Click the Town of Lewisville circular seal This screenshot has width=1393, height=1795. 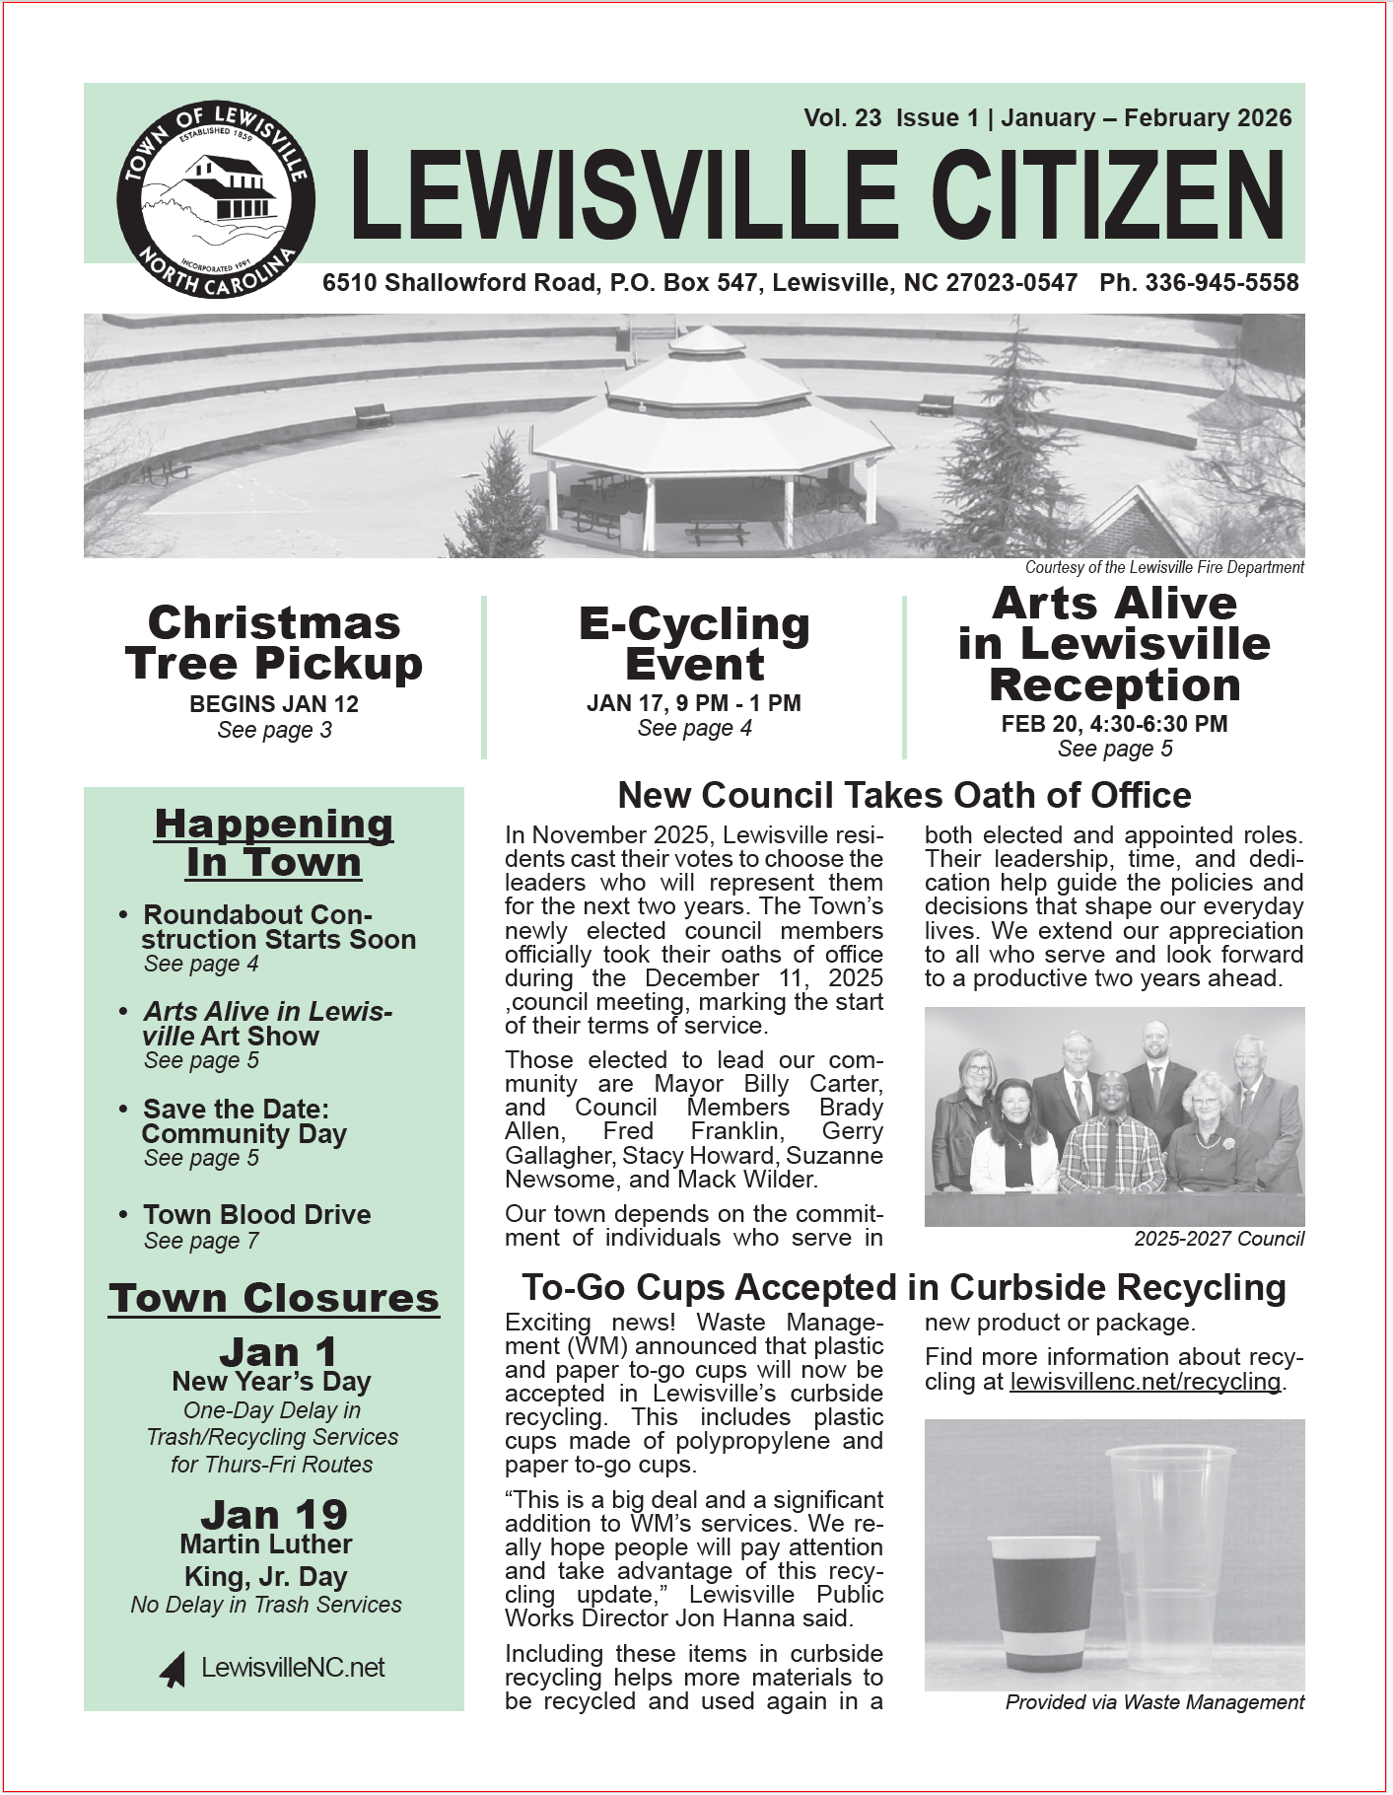(x=216, y=199)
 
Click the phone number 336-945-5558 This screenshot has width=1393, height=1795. (x=1199, y=283)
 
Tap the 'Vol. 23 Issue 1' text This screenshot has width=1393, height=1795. (x=890, y=118)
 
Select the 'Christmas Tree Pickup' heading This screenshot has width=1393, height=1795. (x=274, y=644)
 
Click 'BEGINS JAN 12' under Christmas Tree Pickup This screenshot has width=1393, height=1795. (x=274, y=704)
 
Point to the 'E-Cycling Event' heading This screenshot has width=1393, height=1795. (x=694, y=644)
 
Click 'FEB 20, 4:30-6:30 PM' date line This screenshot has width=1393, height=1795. (x=1114, y=724)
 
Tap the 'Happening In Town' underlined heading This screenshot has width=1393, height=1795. (x=274, y=843)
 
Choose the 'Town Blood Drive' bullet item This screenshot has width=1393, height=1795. (x=256, y=1214)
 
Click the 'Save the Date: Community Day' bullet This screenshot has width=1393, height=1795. (x=244, y=1121)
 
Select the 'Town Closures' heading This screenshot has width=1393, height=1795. (x=274, y=1298)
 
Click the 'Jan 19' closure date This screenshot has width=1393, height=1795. (x=274, y=1515)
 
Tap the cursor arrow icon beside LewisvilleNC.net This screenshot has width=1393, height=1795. (x=174, y=1669)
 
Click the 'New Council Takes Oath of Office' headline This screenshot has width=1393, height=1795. (x=904, y=795)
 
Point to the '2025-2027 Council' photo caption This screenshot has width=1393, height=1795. (x=1219, y=1239)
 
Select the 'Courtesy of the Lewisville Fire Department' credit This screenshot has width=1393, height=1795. (x=1163, y=567)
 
